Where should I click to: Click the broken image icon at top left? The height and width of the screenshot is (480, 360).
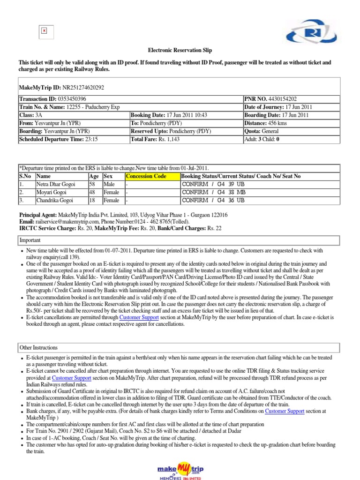coord(44,30)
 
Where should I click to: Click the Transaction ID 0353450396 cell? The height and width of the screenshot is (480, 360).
coord(52,99)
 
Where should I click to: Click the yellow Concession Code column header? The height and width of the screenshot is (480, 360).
coord(146,176)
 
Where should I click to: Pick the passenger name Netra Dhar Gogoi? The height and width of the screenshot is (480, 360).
coord(55,184)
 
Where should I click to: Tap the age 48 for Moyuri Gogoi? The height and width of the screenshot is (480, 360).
coord(92,192)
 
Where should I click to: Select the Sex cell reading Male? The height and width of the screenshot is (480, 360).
coord(109,184)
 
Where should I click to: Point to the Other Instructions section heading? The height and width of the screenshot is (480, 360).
coord(38,348)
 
